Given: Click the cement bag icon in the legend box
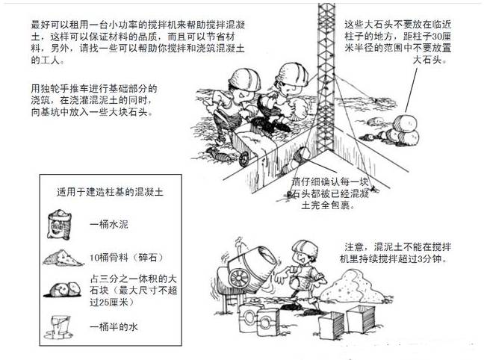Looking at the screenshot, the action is point(59,225).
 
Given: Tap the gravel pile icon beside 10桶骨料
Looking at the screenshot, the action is point(63,258).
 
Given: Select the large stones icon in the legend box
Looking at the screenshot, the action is point(63,290).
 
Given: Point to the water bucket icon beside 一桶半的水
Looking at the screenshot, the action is point(59,327).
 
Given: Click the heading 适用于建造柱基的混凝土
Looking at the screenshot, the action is point(110,192).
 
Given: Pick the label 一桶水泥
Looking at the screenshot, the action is point(109,224).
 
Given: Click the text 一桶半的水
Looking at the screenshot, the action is point(114,327).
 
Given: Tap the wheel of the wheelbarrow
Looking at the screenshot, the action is point(245,159).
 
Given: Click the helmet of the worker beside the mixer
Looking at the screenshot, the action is point(305,248).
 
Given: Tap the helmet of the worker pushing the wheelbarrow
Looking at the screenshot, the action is point(245,80).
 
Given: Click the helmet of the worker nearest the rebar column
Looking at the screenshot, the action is point(292,75).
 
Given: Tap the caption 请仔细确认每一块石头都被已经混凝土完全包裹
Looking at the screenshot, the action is point(329,193).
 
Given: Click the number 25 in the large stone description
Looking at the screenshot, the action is point(102,302).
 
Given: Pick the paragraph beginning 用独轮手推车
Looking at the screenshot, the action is point(94,100).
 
